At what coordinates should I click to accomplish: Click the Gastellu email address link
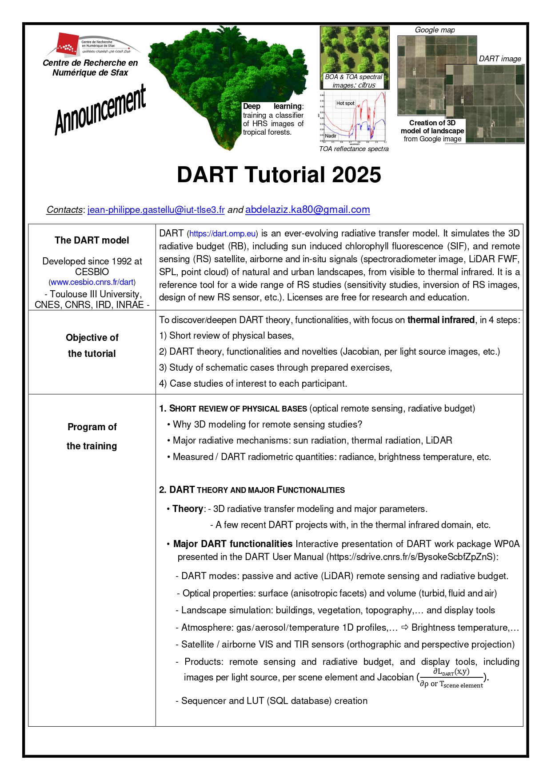pos(156,210)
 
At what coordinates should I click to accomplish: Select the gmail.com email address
pos(307,210)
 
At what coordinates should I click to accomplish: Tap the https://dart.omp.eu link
pos(222,234)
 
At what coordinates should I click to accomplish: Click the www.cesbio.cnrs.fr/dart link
pos(92,282)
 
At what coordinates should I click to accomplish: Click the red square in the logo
pos(66,44)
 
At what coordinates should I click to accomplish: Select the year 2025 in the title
pos(356,175)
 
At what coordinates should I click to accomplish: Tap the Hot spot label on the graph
pos(345,103)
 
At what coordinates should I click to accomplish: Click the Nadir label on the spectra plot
pos(331,136)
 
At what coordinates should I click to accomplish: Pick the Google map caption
pos(435,30)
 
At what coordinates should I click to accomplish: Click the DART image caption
pos(500,59)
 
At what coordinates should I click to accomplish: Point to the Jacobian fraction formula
pos(451,678)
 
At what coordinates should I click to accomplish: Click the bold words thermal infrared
pos(441,320)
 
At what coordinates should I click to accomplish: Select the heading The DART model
pos(92,240)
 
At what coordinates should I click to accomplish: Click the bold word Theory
pos(188,509)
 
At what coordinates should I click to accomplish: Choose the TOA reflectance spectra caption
pos(354,149)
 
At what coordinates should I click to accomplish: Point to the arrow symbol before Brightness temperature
pos(405,628)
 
